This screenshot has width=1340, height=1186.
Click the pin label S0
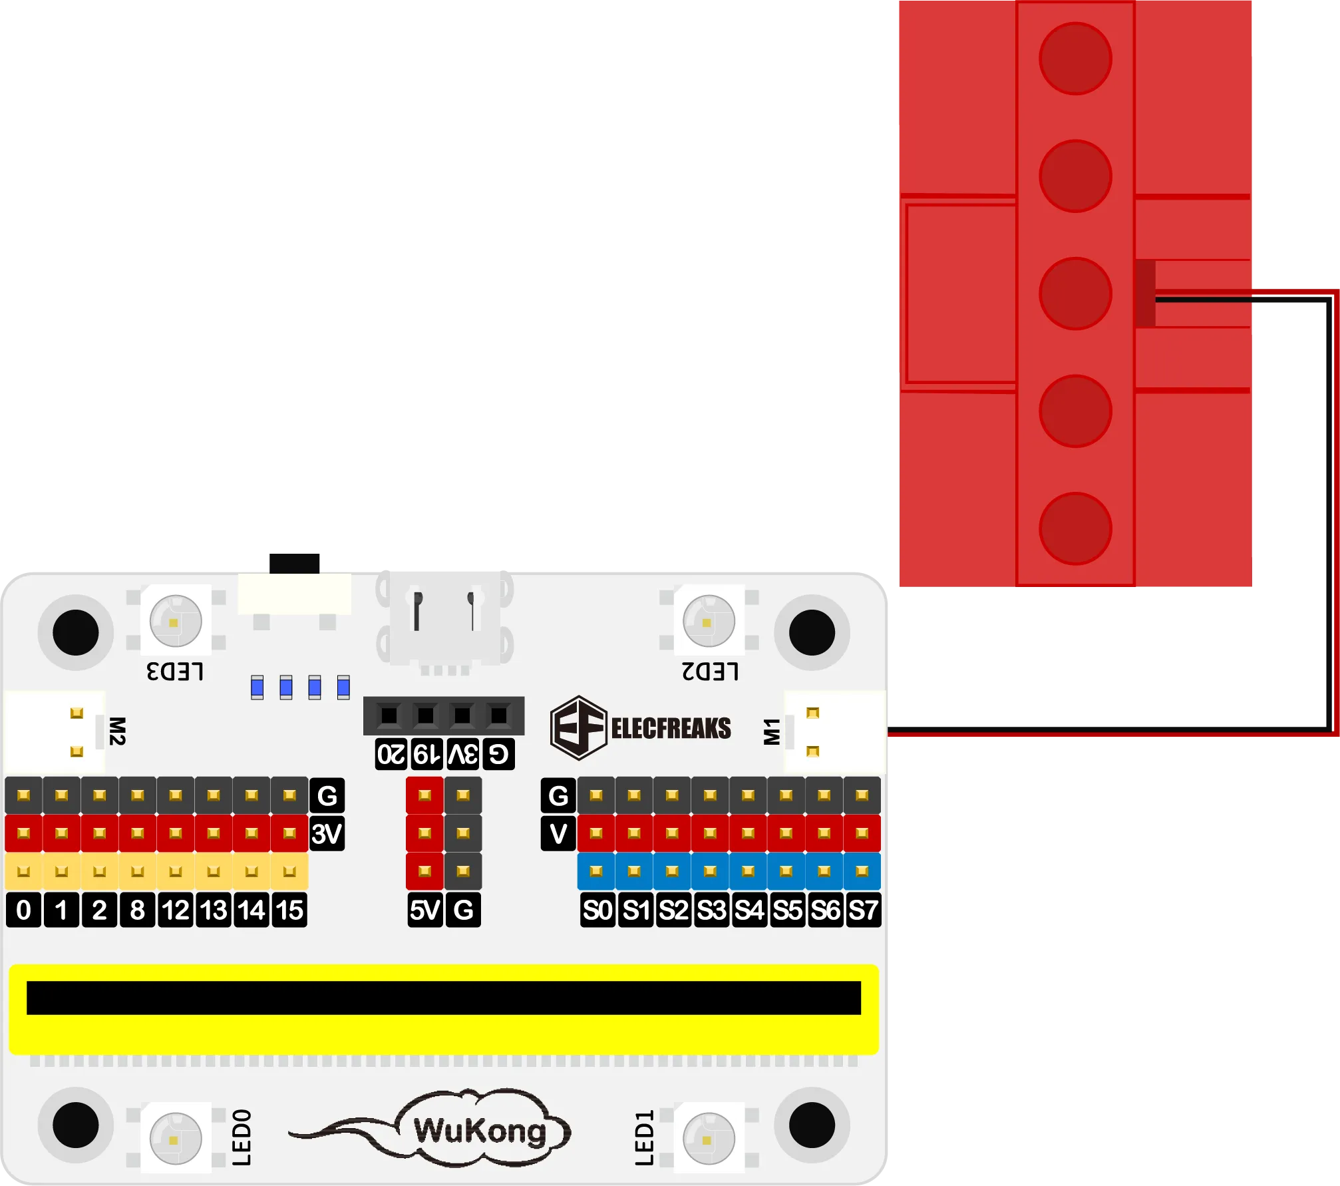597,910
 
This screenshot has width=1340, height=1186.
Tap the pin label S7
863,910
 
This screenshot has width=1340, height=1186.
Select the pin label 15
289,910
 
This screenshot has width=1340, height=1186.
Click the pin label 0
23,910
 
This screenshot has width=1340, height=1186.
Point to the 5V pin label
425,910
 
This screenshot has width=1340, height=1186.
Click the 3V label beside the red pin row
327,834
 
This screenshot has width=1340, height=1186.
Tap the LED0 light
175,1139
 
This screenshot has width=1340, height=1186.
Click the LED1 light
709,1139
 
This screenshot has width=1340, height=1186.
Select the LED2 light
709,622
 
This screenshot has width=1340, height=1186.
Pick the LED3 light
175,622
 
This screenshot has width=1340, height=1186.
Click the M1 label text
772,731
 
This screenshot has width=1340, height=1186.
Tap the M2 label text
117,731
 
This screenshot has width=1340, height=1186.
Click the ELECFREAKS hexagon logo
578,728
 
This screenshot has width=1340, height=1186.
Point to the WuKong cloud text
479,1131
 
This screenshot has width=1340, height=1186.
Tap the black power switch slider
295,563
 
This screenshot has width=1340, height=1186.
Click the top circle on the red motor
1075,59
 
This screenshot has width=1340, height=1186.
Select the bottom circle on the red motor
1075,528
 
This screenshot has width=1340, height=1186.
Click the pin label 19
426,754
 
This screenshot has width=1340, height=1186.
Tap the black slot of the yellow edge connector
443,998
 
